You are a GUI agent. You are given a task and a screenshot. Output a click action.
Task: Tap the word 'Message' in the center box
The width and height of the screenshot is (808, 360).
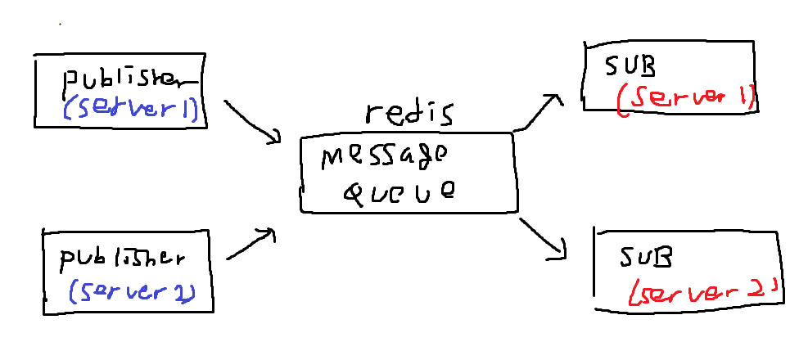tap(384, 156)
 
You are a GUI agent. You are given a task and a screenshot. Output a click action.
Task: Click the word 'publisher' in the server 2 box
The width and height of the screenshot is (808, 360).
tap(123, 259)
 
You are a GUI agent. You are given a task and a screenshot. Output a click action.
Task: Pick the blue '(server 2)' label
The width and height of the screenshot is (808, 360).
tap(131, 290)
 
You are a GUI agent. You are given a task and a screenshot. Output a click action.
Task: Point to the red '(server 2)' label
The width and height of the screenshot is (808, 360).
tap(700, 291)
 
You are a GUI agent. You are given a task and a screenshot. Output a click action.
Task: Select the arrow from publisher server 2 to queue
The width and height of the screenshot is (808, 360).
tap(250, 245)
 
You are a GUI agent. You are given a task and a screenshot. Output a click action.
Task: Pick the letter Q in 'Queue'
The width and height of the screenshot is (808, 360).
tap(354, 193)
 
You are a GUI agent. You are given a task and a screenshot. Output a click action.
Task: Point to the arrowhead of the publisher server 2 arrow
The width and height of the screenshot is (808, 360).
tap(267, 234)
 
